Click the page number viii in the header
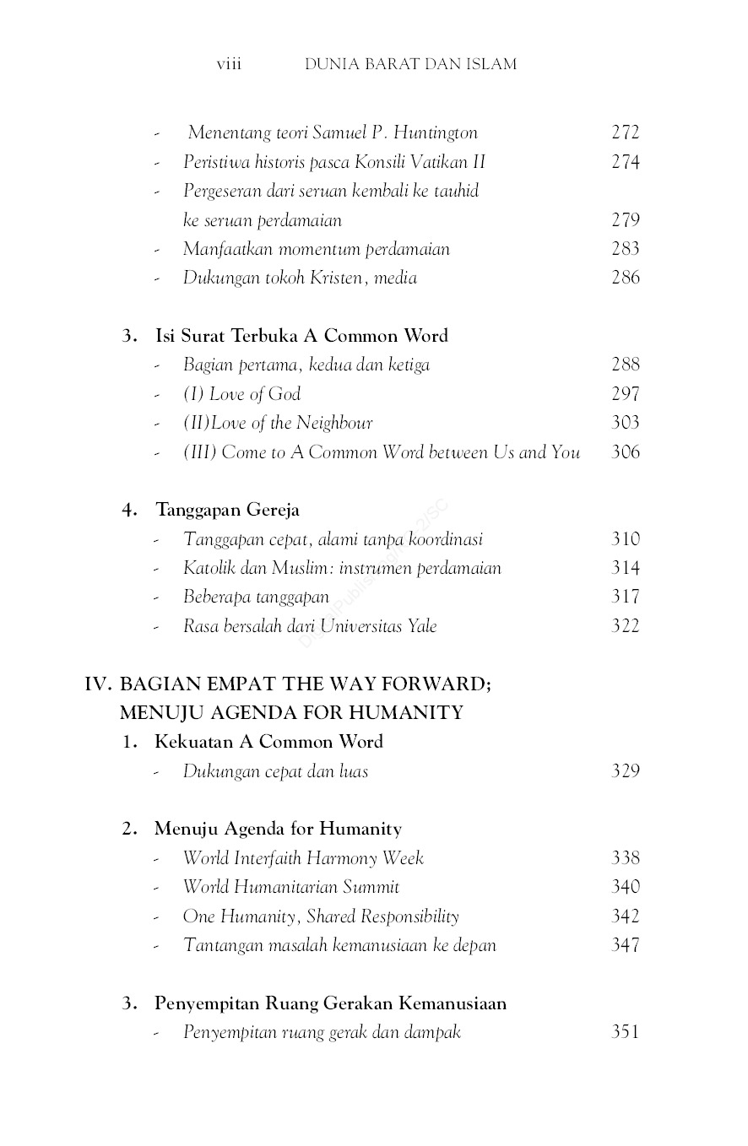(229, 64)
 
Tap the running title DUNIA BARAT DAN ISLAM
(410, 64)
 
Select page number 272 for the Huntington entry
(626, 132)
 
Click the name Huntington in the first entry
(436, 133)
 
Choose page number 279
(626, 220)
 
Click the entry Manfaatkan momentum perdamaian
(316, 249)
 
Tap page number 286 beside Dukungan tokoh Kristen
(626, 278)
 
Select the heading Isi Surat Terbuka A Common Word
(301, 336)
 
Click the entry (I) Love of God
(241, 394)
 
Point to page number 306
(626, 452)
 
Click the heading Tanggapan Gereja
(227, 510)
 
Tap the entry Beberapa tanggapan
(256, 597)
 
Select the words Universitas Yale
(378, 626)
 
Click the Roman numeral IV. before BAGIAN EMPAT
(98, 684)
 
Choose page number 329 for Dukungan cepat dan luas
(626, 771)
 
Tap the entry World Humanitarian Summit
(290, 887)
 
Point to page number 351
(626, 1032)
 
